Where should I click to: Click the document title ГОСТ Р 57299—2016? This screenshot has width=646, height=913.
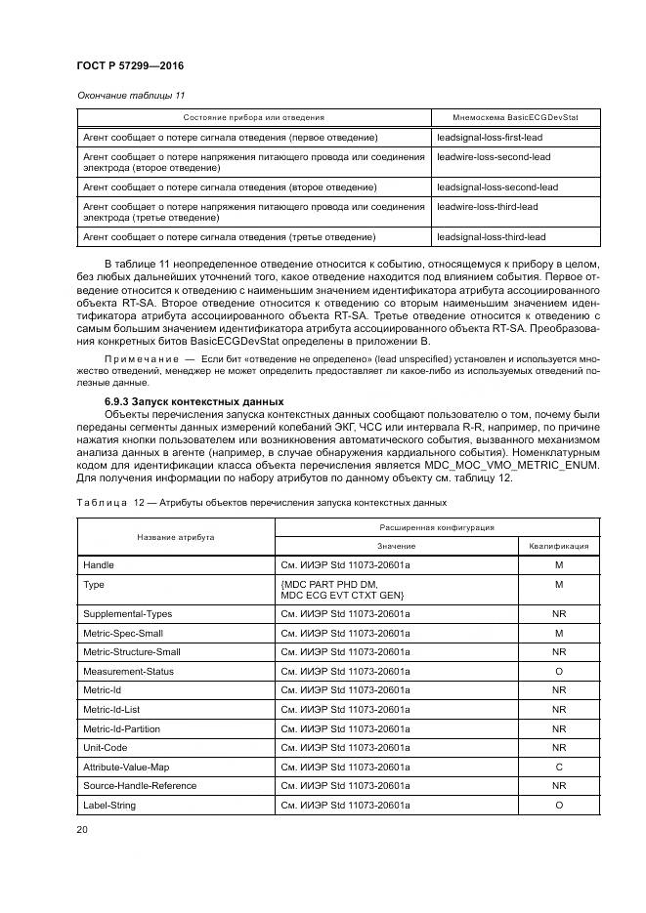point(129,65)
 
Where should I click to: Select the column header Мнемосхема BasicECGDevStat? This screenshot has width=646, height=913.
point(515,117)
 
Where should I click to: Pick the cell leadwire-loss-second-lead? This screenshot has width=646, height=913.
point(494,156)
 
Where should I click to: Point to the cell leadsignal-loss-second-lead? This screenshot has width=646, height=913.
point(497,187)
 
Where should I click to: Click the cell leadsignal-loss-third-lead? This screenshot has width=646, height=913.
point(491,236)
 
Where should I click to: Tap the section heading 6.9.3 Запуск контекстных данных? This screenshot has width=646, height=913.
point(194,401)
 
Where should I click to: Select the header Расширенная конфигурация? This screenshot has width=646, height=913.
point(436,526)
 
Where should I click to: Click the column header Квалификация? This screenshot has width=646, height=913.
point(559,546)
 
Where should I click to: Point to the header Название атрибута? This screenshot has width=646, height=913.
point(176,536)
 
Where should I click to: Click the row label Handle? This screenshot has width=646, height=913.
point(99,565)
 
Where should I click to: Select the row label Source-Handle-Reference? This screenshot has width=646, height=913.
point(140,785)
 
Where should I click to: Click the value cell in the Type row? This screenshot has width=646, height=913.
point(342,590)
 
